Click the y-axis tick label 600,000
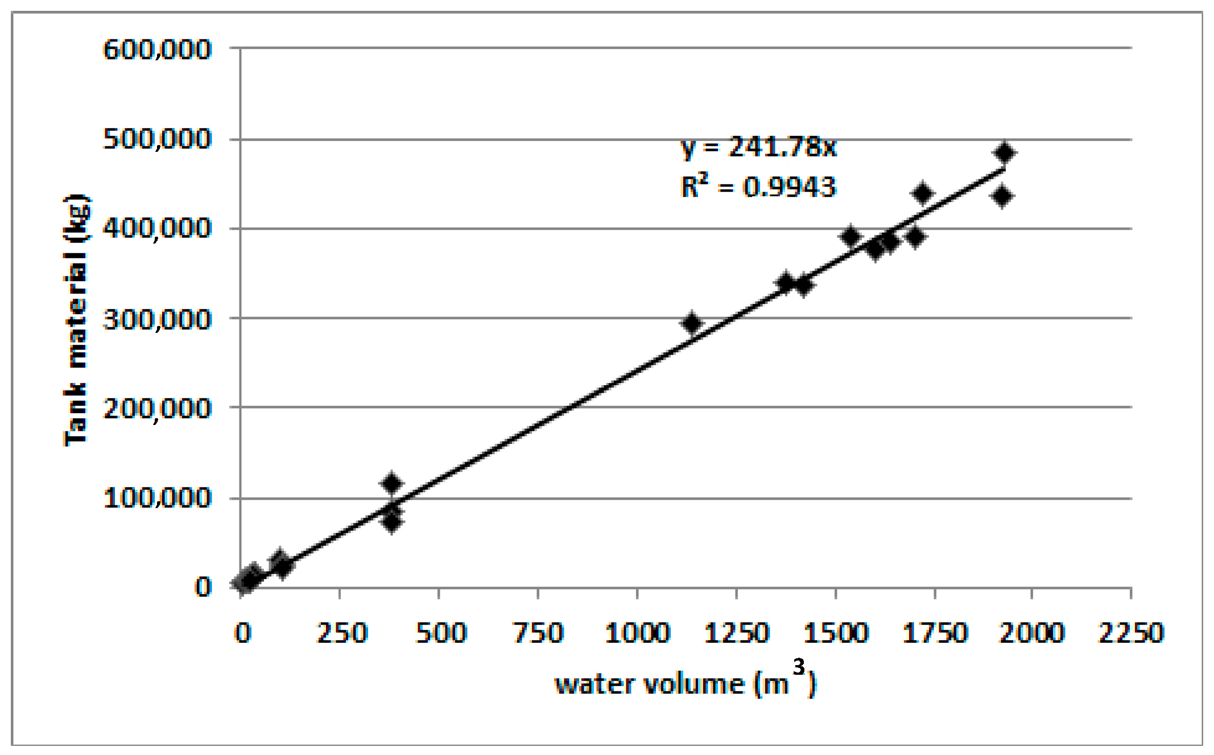pos(157,49)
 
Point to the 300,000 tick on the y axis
pos(157,319)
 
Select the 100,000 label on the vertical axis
pos(157,498)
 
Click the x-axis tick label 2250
pos(1131,632)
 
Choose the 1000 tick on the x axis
pos(637,632)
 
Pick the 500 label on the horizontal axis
pos(440,632)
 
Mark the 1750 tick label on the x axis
pos(935,632)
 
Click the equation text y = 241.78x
pos(758,147)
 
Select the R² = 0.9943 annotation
pos(758,186)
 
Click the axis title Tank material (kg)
pos(76,320)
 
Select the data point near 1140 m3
pos(692,323)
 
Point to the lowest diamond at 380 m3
pos(391,522)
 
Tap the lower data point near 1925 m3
pos(1003,196)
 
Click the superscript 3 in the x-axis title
pos(799,666)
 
